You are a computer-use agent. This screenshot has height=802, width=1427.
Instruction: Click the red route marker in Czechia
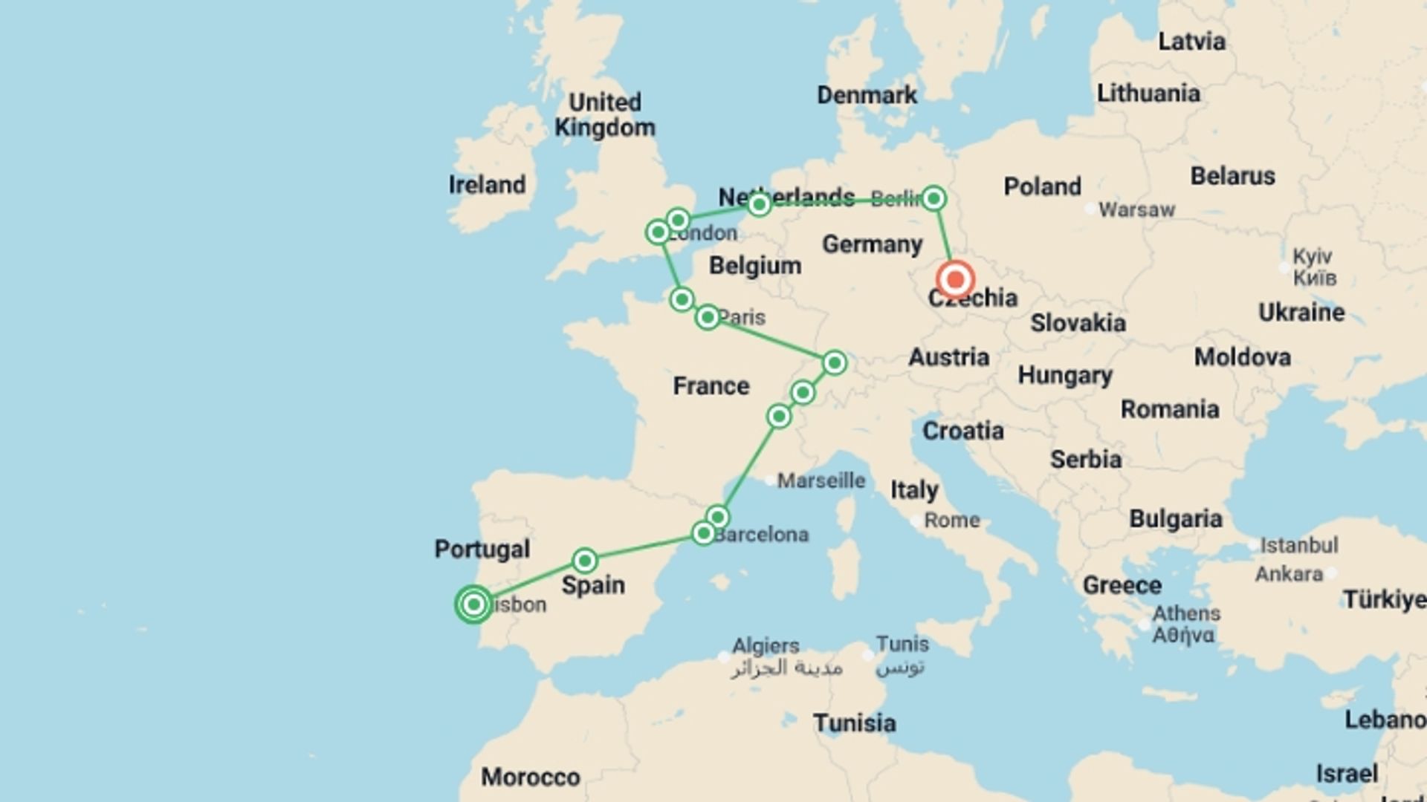click(955, 280)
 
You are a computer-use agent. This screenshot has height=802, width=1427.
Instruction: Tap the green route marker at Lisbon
click(473, 604)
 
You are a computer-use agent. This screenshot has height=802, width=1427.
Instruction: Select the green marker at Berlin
click(933, 198)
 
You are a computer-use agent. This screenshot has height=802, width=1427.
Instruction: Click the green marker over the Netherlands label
click(759, 204)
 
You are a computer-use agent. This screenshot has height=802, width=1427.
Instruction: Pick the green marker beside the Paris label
click(708, 318)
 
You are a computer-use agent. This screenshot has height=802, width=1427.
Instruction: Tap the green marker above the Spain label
click(585, 560)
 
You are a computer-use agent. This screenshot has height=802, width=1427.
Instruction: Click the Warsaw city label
click(1136, 210)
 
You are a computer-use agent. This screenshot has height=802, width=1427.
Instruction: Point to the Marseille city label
click(821, 481)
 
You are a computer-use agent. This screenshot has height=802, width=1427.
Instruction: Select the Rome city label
click(951, 521)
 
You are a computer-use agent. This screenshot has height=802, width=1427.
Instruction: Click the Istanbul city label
click(1298, 546)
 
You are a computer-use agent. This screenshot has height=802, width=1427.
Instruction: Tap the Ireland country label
click(487, 185)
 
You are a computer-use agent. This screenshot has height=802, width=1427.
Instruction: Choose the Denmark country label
click(867, 95)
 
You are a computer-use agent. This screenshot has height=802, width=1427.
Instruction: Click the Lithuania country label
click(1148, 94)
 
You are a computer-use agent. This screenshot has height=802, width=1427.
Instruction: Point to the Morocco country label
click(530, 777)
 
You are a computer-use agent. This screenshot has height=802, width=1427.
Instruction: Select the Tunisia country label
click(854, 723)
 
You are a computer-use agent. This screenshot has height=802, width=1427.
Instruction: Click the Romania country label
click(1170, 409)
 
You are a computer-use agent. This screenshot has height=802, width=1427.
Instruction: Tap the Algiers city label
click(766, 645)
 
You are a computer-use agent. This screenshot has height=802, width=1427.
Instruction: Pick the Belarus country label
click(1232, 176)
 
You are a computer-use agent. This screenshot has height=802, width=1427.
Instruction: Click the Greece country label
click(1122, 585)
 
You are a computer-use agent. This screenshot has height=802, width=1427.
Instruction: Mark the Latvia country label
click(1191, 42)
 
